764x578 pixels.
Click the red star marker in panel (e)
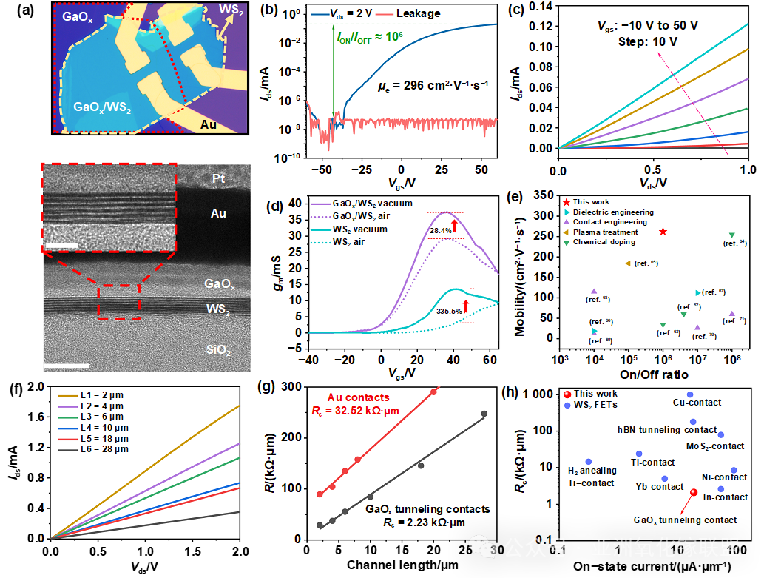[x=663, y=232]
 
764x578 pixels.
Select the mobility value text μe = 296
[x=433, y=86]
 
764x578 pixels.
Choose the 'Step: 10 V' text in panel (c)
[x=647, y=41]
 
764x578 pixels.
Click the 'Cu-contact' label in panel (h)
[x=697, y=403]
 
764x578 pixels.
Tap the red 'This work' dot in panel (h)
[x=693, y=493]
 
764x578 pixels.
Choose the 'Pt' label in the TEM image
[x=218, y=178]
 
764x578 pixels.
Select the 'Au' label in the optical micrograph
[x=209, y=124]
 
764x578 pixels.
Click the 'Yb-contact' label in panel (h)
[x=660, y=486]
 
